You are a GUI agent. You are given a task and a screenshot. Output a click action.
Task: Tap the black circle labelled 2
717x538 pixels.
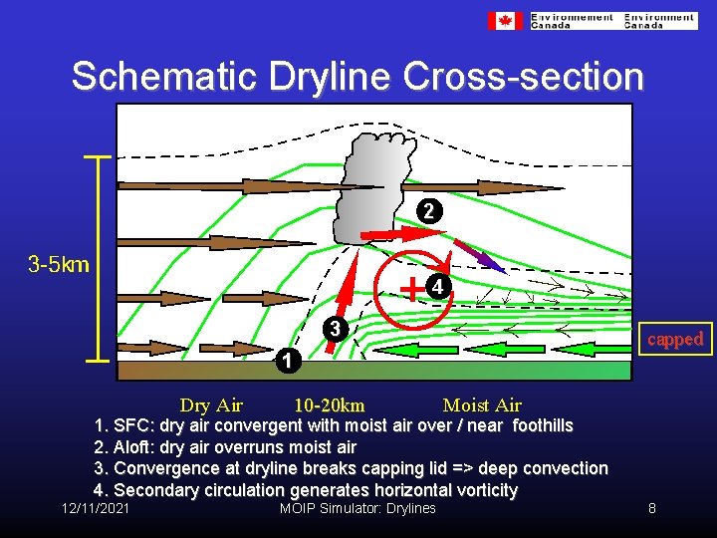[427, 211]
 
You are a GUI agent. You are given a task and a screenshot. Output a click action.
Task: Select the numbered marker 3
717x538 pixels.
[337, 329]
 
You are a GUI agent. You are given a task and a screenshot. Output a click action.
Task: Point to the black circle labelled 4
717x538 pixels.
[438, 287]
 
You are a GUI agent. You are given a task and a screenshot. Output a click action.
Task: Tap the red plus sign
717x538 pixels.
[410, 289]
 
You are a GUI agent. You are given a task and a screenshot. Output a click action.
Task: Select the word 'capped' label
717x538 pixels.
[675, 339]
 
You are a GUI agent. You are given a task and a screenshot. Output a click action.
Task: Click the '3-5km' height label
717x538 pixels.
[59, 264]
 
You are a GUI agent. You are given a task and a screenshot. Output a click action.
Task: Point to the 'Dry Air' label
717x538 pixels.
[211, 405]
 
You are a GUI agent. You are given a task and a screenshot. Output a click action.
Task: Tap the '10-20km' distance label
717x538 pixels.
[329, 405]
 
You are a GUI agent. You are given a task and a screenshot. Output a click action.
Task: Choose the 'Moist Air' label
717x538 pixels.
[482, 405]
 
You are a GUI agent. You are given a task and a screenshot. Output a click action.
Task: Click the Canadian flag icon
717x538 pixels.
[505, 21]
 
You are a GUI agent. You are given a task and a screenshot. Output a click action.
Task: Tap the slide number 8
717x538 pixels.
[651, 508]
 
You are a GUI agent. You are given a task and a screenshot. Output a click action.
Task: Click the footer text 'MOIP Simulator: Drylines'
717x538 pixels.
[358, 508]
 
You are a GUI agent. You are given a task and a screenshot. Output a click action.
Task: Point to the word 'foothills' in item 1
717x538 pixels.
[543, 425]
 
